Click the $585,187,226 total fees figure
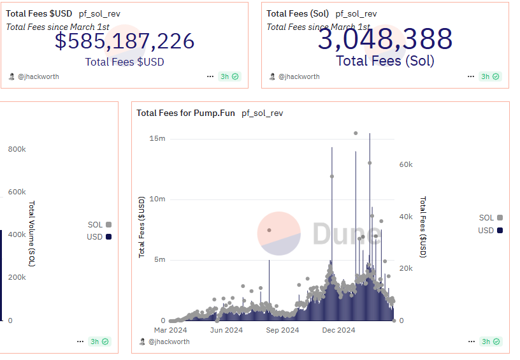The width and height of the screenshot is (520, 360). click(124, 41)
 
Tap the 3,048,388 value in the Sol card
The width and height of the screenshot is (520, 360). click(385, 40)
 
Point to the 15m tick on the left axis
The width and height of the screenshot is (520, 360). click(157, 138)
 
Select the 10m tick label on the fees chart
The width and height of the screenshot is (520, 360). click(157, 199)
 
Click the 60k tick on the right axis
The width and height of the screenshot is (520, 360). click(406, 164)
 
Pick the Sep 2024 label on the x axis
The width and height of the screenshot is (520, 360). click(282, 330)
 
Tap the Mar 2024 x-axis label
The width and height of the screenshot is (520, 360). click(170, 330)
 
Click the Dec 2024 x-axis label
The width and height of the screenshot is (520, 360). click(338, 330)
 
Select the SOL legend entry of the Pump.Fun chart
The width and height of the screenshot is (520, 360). click(490, 218)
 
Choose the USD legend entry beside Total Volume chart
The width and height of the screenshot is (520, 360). click(99, 237)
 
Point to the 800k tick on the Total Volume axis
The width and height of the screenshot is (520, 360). click(17, 149)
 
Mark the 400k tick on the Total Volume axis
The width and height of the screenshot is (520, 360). click(17, 234)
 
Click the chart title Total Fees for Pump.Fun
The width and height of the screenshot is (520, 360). click(185, 113)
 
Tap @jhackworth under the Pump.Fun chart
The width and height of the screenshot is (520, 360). click(169, 342)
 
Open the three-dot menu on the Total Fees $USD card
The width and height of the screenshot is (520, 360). click(210, 76)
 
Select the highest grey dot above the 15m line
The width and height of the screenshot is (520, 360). click(356, 133)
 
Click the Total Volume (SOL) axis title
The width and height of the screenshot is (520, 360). click(31, 234)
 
